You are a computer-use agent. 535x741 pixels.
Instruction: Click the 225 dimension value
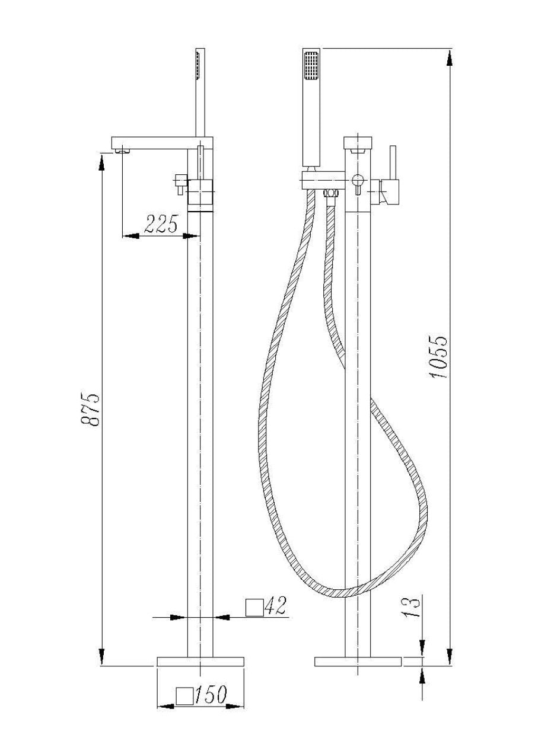161,223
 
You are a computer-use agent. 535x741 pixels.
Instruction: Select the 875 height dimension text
90,408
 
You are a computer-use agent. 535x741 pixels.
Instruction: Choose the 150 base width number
211,695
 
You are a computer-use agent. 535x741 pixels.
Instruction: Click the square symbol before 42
254,607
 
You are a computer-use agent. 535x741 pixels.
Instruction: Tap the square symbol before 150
186,696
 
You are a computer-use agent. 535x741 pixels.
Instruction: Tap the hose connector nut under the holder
330,194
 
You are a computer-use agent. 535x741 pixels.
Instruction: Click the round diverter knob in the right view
357,180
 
